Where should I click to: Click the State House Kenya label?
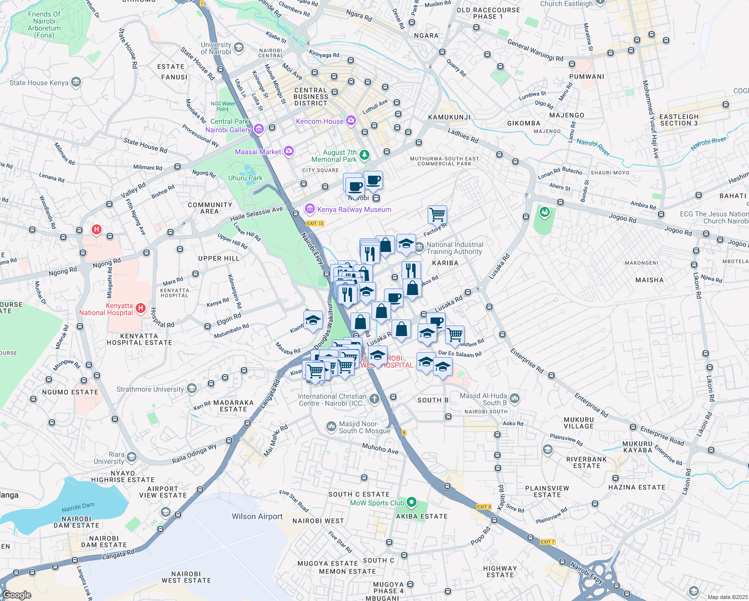point(39,83)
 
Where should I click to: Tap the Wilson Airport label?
point(257,516)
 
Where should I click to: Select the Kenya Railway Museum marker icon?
point(309,209)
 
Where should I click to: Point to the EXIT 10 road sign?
point(315,223)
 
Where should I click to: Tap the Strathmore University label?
point(150,389)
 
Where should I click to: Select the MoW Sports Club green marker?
point(412,502)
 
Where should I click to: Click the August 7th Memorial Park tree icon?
point(364,155)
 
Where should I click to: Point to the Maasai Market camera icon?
point(289,151)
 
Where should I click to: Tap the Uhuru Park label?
point(245,178)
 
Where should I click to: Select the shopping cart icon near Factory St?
point(437,214)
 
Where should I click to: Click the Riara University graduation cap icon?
point(131,457)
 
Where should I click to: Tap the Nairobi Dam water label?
point(78,507)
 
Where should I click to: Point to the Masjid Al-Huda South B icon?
point(515,399)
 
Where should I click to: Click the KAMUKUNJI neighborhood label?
point(449,117)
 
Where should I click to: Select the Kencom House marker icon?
point(350,121)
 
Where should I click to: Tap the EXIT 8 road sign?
point(484,507)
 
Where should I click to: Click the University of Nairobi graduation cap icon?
point(239,48)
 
